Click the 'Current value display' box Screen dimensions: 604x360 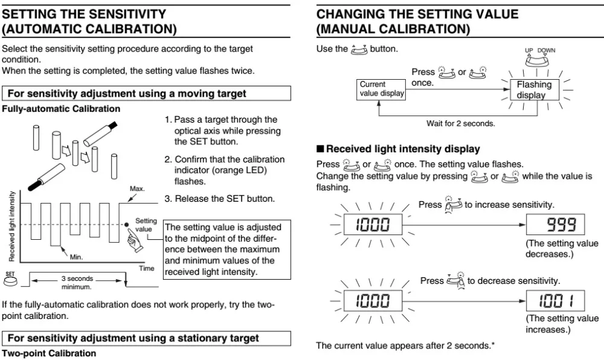click(381, 89)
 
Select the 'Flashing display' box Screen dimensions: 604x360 click(535, 90)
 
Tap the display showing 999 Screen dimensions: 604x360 click(555, 225)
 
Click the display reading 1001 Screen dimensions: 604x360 click(555, 301)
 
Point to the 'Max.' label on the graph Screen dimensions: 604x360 click(137, 188)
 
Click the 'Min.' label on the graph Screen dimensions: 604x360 click(76, 257)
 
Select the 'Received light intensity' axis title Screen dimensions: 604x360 click(12, 227)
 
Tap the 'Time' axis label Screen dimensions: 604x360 click(146, 268)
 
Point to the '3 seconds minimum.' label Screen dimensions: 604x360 click(77, 283)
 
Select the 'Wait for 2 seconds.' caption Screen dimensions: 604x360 click(461, 124)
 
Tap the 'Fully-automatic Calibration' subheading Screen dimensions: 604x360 click(61, 109)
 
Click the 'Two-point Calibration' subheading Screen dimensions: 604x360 click(49, 353)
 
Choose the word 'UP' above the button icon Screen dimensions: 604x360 click(529, 51)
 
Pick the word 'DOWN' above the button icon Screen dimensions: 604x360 click(546, 51)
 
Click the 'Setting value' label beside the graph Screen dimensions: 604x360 click(146, 225)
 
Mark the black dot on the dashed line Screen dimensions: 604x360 click(126, 225)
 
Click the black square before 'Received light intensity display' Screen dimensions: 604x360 click(320, 149)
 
